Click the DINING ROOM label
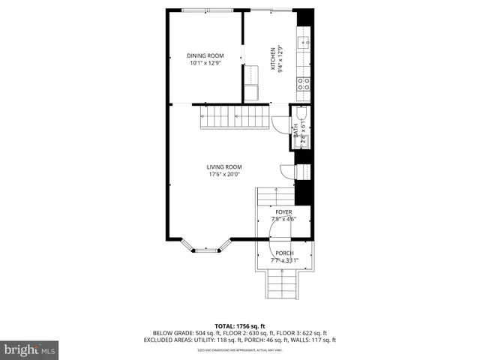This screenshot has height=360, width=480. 205,55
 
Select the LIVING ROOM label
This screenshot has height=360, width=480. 224,167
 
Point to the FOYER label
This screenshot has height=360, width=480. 283,212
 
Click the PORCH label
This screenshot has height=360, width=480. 284,253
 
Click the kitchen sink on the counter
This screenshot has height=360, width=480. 304,43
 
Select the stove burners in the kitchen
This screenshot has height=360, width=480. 304,83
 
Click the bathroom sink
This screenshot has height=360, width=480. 303,141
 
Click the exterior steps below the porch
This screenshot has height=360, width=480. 284,284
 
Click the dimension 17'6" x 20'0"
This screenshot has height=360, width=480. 224,175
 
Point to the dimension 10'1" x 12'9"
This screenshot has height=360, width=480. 205,63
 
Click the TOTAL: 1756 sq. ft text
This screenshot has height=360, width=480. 239,325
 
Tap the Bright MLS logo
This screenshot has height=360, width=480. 30,349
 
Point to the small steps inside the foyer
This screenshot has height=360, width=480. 274,196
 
